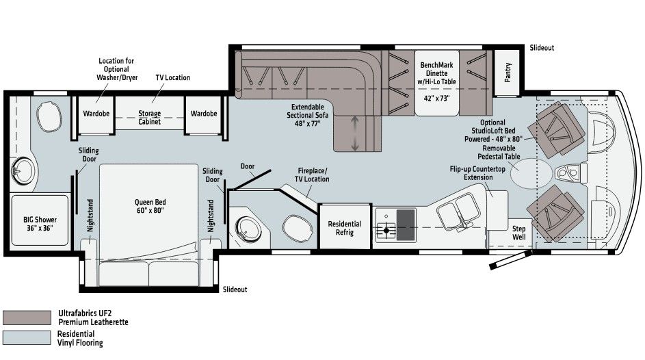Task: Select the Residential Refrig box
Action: (344, 228)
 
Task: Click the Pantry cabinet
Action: (508, 72)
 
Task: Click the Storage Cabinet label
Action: (149, 118)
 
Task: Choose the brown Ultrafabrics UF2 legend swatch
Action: (27, 318)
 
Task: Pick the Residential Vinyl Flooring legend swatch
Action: (27, 337)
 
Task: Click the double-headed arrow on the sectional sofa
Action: (354, 133)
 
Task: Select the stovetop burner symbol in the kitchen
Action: (386, 231)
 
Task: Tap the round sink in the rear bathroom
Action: (23, 168)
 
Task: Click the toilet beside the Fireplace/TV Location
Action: (295, 227)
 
